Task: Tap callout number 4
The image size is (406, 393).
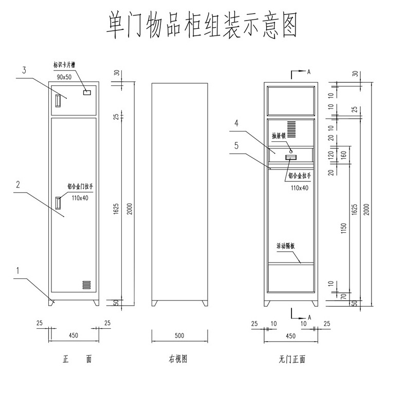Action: click(236, 123)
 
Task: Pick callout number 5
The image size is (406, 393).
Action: click(236, 145)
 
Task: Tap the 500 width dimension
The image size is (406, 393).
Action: click(179, 336)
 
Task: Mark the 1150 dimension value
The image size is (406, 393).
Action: click(344, 227)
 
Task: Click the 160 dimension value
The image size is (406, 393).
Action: click(344, 153)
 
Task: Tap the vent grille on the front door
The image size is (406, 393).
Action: click(86, 284)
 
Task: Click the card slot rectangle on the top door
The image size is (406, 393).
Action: click(87, 93)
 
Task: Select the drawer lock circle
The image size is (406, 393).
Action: click(291, 151)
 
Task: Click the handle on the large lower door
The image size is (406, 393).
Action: click(59, 202)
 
